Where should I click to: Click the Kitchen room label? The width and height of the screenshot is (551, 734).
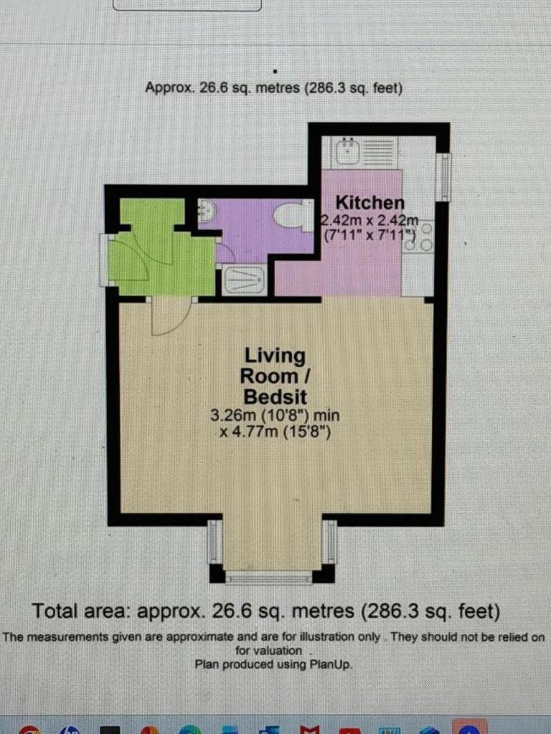pos(369,203)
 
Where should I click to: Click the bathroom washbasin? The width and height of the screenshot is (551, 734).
pos(206,211)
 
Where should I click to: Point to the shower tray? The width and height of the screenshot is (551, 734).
pos(245,280)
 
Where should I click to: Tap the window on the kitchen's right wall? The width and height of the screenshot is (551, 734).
pos(443,177)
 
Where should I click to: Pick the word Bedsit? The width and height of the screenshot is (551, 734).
pos(275,397)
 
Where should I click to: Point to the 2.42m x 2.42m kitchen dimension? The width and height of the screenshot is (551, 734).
pos(369,219)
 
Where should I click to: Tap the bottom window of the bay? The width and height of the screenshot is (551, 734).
pos(268,578)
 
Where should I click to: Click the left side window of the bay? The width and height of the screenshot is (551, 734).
pos(213,542)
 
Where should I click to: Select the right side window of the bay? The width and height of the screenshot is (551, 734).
pos(331,542)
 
